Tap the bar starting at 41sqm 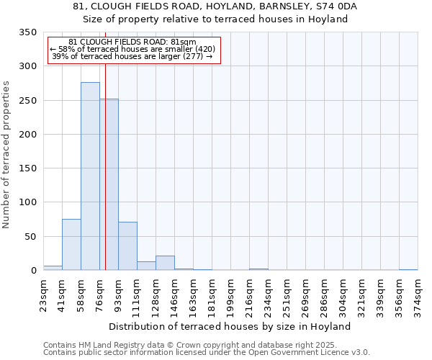(71, 245)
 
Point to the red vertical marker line (105, 144)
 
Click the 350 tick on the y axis (29, 32)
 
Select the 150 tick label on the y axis (29, 168)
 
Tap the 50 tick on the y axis (32, 237)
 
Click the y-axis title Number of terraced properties (6, 155)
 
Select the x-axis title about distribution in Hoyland (230, 326)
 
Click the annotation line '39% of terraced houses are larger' (132, 57)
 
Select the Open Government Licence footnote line (207, 353)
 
